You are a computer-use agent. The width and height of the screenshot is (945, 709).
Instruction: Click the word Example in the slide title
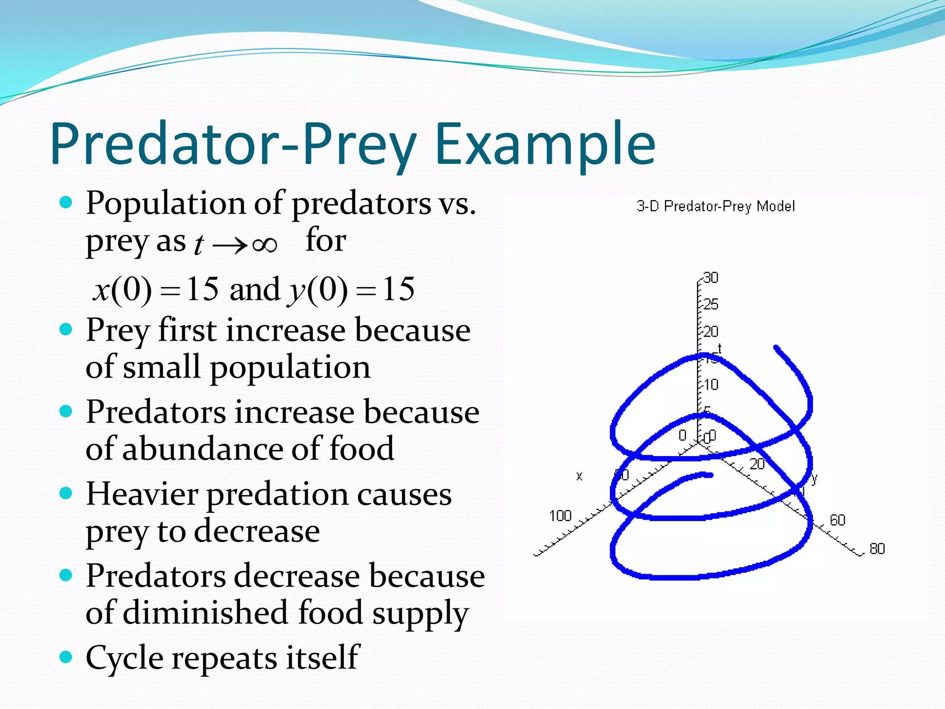[x=545, y=144]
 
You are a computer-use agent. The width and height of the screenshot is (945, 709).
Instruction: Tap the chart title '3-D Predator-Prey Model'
[x=716, y=206]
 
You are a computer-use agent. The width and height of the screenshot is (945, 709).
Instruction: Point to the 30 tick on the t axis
[x=711, y=278]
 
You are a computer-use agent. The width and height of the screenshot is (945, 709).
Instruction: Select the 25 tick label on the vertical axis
[x=711, y=304]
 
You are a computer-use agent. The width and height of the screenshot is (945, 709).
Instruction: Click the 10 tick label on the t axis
[x=711, y=385]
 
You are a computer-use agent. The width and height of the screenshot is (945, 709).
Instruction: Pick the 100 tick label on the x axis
[x=560, y=516]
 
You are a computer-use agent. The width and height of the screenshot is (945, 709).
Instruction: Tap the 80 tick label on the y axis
[x=877, y=549]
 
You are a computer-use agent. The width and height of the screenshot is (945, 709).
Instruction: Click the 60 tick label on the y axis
[x=837, y=520]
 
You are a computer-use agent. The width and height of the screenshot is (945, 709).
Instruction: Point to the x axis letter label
[x=580, y=476]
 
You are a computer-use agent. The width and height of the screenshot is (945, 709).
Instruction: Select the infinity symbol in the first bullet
[x=265, y=245]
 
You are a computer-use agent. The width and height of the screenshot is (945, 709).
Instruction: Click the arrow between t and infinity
[x=230, y=245]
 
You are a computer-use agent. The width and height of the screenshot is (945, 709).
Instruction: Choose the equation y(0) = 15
[x=351, y=290]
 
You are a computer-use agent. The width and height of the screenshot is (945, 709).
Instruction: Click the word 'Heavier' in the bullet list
[x=142, y=494]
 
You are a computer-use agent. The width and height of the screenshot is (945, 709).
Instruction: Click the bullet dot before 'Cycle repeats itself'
[x=66, y=656]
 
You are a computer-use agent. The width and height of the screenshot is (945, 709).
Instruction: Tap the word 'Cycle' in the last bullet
[x=124, y=657]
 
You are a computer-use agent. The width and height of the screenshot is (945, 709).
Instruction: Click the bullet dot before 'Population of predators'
[x=66, y=202]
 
